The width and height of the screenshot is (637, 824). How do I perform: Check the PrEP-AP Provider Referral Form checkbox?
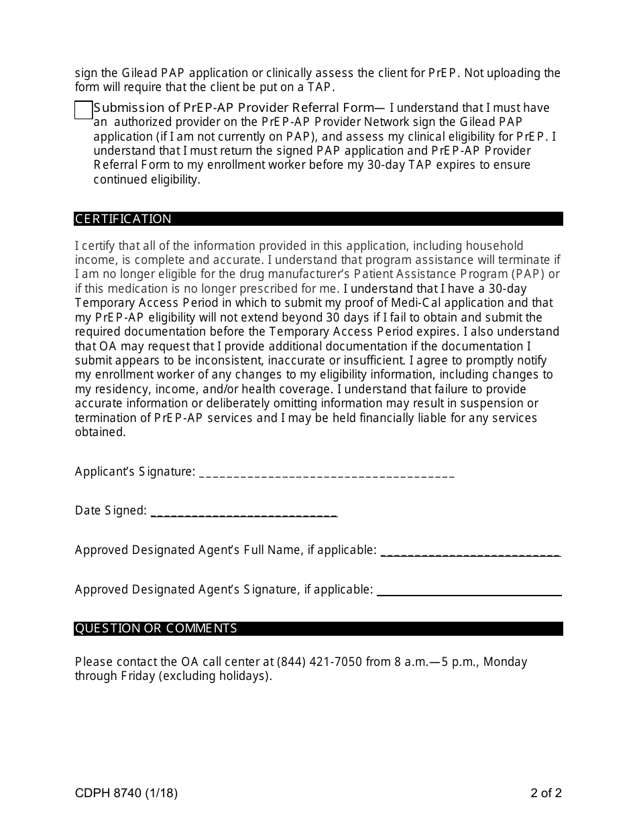point(83,110)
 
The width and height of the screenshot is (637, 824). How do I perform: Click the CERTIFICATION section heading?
point(123,219)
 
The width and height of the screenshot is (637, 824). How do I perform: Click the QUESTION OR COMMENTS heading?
point(156,628)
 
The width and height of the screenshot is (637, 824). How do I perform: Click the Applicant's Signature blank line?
point(327,473)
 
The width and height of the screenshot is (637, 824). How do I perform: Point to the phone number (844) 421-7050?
point(319,662)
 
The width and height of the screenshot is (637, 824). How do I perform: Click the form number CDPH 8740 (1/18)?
point(127,794)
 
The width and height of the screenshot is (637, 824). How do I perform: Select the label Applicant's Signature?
point(135,472)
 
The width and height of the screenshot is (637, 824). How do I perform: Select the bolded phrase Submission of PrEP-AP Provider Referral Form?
point(233,108)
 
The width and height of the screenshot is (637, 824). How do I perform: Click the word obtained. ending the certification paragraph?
point(101,432)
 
